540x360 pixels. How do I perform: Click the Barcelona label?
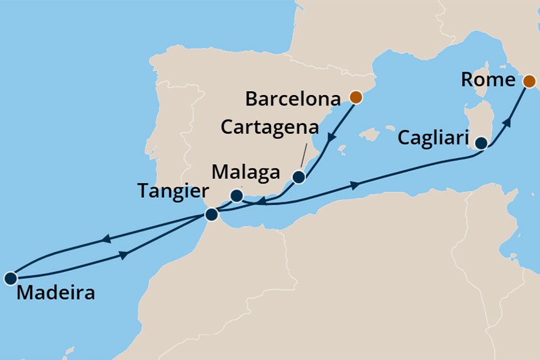tap(293, 99)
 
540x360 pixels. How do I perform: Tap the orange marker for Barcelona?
tap(356, 97)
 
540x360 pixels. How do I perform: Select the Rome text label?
tap(488, 80)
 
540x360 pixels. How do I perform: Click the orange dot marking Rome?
tap(529, 80)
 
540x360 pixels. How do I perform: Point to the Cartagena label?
tap(276, 127)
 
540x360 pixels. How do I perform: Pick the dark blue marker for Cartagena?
tap(299, 177)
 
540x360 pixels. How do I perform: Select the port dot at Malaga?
tap(236, 197)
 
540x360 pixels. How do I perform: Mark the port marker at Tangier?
tap(212, 215)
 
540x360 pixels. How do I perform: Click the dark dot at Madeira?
tap(10, 278)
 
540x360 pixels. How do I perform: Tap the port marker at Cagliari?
tap(481, 143)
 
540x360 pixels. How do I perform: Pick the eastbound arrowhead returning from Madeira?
tap(125, 254)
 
